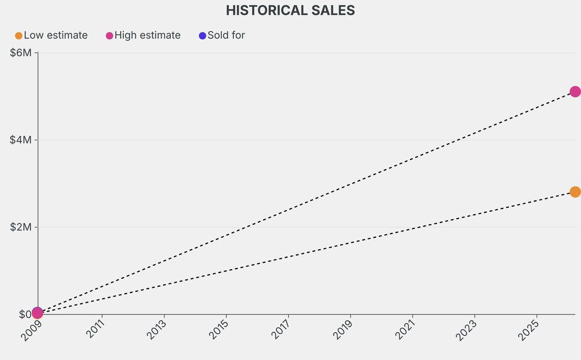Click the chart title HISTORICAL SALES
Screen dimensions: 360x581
[x=290, y=10]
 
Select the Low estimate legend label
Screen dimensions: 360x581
[x=56, y=35]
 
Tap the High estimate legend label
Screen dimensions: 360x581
[x=148, y=35]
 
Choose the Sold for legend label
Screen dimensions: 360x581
[x=226, y=35]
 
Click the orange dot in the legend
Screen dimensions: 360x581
[x=19, y=36]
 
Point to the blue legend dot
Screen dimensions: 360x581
[x=203, y=36]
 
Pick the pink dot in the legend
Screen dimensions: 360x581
[x=110, y=36]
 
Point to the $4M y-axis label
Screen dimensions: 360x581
[x=22, y=140]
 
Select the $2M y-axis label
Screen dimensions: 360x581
[x=22, y=227]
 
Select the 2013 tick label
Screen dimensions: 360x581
[x=157, y=329]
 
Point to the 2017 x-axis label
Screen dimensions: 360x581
[x=281, y=329]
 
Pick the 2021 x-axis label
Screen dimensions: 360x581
[x=406, y=329]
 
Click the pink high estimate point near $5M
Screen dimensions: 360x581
[x=575, y=91]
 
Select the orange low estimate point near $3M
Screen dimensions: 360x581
[x=575, y=192]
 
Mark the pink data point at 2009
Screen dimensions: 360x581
[x=37, y=313]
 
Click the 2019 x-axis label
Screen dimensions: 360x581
[x=344, y=329]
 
